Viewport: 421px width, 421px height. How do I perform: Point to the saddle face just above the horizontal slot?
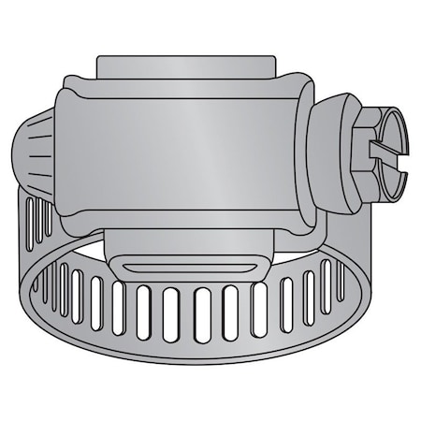tap(191, 250)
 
